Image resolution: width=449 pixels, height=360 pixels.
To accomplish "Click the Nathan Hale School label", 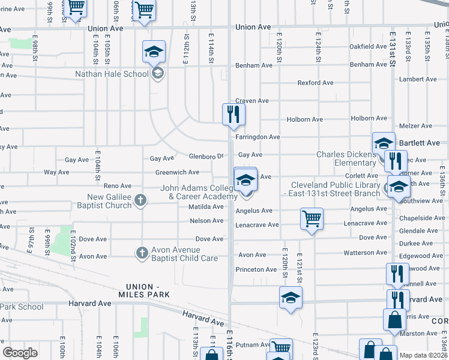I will [x=112, y=74].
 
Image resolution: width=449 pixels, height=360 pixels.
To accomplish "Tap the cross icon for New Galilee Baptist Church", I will [x=140, y=200].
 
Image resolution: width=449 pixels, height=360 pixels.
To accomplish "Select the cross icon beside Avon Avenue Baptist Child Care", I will [x=142, y=253].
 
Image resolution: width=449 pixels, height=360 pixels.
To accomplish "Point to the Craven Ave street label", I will [x=252, y=101].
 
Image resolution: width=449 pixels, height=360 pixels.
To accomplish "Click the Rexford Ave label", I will [x=316, y=83].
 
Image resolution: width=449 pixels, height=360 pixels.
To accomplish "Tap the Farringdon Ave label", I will [x=258, y=137].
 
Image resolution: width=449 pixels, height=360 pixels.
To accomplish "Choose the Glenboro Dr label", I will [x=206, y=156].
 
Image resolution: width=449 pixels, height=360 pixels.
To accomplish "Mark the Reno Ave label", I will [x=118, y=186].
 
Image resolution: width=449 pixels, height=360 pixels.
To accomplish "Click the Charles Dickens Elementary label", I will [x=346, y=158].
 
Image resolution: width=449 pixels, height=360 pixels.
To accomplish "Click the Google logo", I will [x=20, y=353].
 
